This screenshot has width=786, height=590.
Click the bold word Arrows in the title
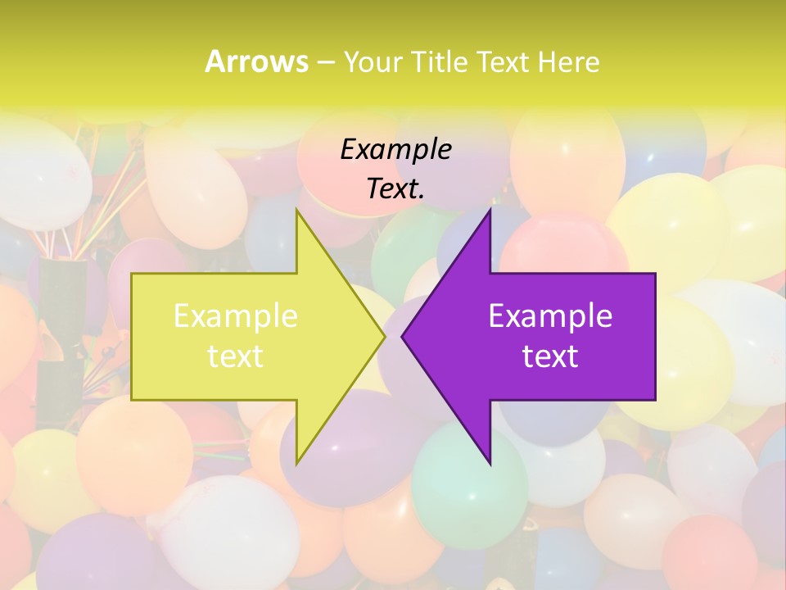[256, 61]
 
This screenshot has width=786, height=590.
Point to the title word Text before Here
[504, 62]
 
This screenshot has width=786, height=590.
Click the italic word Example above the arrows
[395, 149]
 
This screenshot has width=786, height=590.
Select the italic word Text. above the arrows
[395, 189]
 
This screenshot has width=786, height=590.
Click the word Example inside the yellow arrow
[236, 316]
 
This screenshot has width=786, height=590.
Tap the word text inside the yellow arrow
[236, 356]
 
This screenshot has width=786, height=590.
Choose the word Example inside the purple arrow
[550, 316]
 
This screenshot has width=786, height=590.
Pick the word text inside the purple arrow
[550, 356]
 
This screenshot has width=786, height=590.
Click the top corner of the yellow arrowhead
[297, 211]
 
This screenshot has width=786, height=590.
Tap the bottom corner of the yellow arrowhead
[297, 462]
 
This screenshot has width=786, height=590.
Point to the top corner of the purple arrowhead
[490, 211]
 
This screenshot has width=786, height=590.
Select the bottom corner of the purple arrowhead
[490, 462]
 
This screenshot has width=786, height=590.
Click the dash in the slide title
[325, 62]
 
